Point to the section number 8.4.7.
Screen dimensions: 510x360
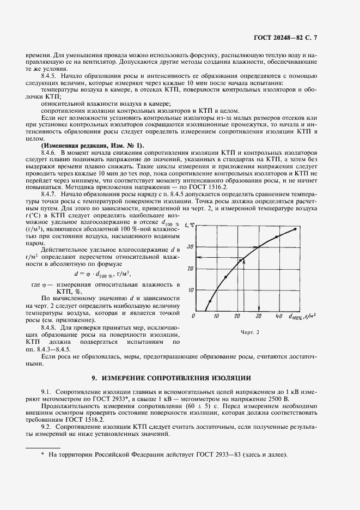50,193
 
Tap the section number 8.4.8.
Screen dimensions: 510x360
50,327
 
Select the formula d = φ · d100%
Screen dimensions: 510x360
102,274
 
